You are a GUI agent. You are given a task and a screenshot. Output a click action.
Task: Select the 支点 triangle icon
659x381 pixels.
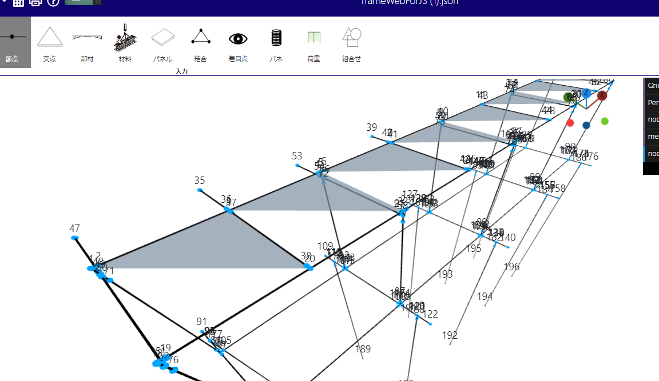[50, 37]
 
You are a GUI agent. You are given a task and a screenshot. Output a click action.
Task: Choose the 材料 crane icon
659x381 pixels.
[125, 37]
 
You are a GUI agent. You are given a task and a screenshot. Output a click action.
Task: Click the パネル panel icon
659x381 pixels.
[162, 37]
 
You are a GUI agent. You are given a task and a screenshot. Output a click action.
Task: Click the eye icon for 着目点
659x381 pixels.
[238, 38]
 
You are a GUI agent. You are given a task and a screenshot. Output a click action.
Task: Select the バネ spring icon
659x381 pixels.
[276, 38]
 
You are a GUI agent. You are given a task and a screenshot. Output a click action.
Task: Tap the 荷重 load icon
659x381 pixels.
[313, 38]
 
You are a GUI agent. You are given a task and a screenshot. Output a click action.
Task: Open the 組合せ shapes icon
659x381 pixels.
[351, 37]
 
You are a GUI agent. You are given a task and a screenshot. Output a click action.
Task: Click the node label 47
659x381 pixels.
[74, 228]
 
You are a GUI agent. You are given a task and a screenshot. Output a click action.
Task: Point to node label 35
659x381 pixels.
[200, 181]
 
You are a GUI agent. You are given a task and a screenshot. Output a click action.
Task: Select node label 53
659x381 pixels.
[297, 156]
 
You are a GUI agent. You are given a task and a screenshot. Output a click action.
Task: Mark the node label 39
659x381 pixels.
[372, 127]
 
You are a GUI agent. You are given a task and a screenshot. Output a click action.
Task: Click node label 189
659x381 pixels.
[363, 349]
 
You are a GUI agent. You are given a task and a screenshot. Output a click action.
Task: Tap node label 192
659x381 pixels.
[450, 335]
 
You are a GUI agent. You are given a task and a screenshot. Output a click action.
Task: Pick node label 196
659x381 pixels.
[512, 267]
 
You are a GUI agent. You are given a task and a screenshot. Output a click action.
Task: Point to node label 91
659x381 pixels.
[201, 322]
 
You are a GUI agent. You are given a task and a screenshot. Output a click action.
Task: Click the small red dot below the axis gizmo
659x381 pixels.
[570, 123]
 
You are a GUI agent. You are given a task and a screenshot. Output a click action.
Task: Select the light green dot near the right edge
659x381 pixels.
[605, 121]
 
